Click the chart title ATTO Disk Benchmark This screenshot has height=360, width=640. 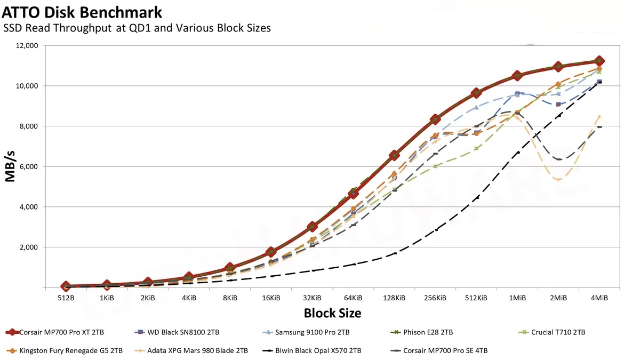[x=83, y=11]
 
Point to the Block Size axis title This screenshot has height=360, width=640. [x=332, y=313]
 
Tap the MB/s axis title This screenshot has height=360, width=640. [x=11, y=166]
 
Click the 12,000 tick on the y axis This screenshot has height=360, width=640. [x=25, y=45]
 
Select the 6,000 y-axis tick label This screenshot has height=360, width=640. [x=27, y=166]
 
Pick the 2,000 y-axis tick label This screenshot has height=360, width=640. [x=27, y=247]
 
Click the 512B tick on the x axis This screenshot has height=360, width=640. [x=66, y=298]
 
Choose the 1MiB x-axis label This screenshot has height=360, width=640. [x=517, y=298]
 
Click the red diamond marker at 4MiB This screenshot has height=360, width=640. [x=599, y=61]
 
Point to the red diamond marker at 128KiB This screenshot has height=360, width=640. [x=394, y=155]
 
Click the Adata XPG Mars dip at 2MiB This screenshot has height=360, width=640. [x=558, y=179]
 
